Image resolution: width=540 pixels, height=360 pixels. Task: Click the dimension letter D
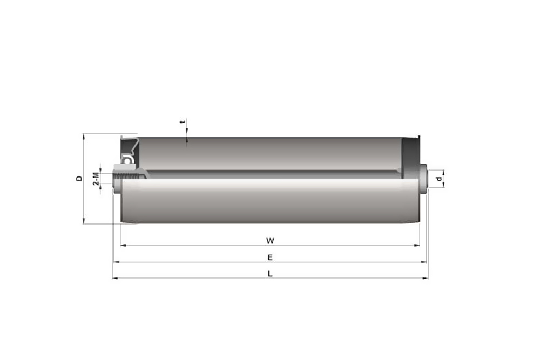click(x=79, y=179)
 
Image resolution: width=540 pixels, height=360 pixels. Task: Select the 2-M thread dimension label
click(x=96, y=179)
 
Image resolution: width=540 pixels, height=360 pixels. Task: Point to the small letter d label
click(x=438, y=179)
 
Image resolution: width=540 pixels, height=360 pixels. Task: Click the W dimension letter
click(x=270, y=241)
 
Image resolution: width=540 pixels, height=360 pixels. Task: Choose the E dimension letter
click(x=270, y=257)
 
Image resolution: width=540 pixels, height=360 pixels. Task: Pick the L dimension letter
click(x=270, y=274)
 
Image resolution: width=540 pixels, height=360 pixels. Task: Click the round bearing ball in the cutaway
click(x=127, y=160)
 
